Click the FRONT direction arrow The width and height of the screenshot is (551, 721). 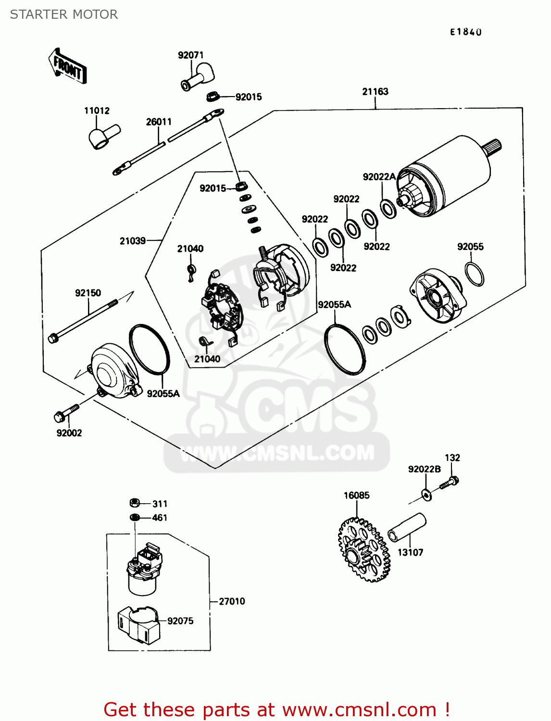[68, 67]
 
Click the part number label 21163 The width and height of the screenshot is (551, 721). [375, 91]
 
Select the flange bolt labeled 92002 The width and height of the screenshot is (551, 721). [66, 412]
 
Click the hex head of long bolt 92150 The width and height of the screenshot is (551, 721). [53, 338]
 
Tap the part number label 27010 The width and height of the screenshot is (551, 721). [232, 601]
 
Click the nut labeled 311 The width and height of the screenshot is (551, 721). [135, 503]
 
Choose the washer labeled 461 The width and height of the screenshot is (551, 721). [135, 517]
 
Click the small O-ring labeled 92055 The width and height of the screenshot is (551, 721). [474, 274]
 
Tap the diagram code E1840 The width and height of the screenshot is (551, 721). [465, 32]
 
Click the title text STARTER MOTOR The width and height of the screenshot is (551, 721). [64, 14]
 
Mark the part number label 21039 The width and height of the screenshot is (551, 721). [133, 241]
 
